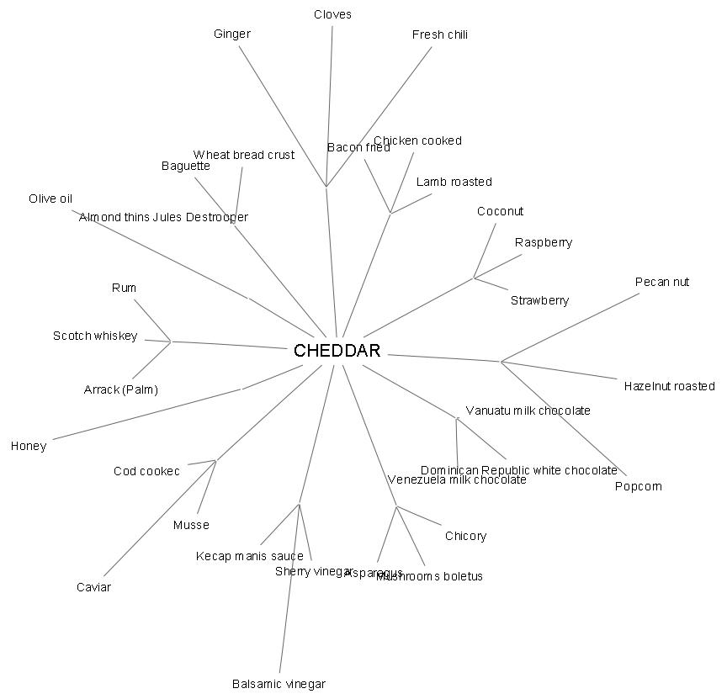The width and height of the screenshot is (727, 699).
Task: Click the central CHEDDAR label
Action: point(337,351)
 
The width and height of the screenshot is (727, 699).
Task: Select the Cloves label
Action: point(332,14)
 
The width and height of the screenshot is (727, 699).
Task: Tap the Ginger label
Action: point(232,34)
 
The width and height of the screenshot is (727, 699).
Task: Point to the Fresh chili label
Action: point(440,34)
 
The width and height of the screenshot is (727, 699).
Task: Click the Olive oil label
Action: point(50,199)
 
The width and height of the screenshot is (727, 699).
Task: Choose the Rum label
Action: point(124,288)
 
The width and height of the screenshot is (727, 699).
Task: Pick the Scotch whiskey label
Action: point(95,336)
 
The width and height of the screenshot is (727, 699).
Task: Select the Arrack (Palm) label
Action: point(121,389)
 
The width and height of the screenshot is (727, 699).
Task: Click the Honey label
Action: point(29,446)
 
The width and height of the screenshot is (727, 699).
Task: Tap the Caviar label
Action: point(93,587)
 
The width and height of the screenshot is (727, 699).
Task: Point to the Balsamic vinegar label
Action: point(279,684)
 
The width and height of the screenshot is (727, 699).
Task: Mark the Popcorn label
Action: point(638,486)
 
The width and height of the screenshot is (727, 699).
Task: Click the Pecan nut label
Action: point(662,282)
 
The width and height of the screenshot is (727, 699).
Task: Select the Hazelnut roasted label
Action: point(669,386)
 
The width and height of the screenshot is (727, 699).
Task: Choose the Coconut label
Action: point(500,211)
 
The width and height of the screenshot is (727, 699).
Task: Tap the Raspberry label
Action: point(544,242)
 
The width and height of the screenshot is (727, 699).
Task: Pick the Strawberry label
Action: point(539,300)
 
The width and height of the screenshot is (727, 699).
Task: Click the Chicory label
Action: point(465,536)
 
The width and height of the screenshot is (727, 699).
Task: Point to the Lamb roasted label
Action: point(454,182)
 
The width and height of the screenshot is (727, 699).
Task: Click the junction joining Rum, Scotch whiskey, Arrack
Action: point(171,342)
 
